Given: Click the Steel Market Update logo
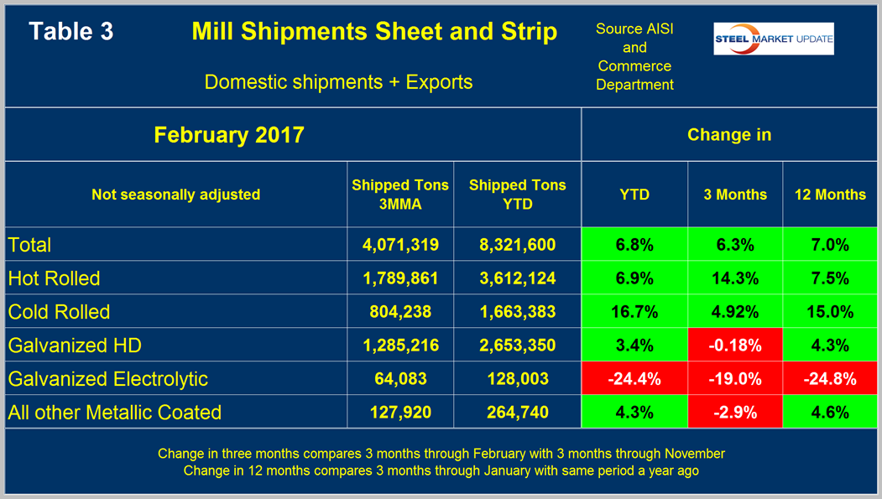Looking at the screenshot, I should click(x=773, y=39).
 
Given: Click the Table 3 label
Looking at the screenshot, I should click(x=71, y=32).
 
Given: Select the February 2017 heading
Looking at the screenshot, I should click(x=228, y=135).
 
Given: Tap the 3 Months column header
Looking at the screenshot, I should click(x=734, y=195).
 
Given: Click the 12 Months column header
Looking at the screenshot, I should click(x=829, y=195).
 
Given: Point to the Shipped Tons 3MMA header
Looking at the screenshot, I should click(x=400, y=194).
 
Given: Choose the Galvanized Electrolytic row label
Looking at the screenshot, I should click(x=107, y=379).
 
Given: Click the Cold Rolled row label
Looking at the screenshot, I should click(x=59, y=312).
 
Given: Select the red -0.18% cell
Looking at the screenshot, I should click(x=734, y=345).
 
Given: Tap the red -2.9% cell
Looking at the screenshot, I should click(x=734, y=412).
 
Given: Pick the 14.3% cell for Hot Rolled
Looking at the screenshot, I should click(x=734, y=278).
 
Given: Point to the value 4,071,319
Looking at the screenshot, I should click(x=400, y=245).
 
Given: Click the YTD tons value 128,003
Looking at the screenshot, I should click(x=517, y=379).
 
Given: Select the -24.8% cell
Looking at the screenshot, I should click(x=829, y=378).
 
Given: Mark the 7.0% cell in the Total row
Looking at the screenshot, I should click(x=829, y=245).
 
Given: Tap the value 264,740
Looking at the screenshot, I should click(x=517, y=412).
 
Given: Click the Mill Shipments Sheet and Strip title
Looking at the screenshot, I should click(x=373, y=32).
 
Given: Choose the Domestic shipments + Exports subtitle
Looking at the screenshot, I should click(x=338, y=82).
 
